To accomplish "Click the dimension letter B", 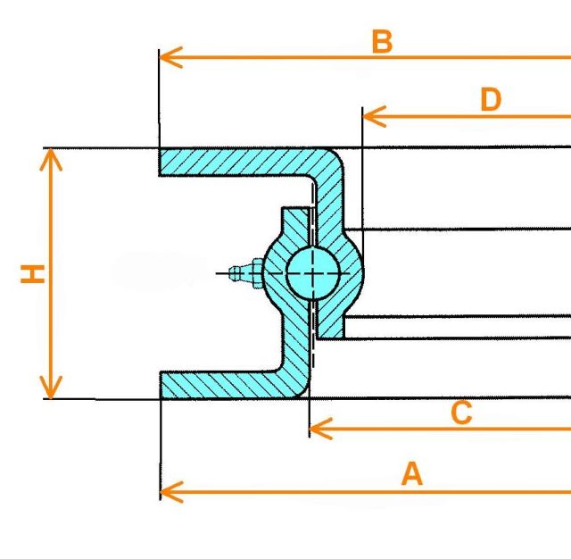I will [382, 41].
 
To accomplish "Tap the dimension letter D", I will [491, 100].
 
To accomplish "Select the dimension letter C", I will [460, 413].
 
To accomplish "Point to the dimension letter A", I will [411, 474].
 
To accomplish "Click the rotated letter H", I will [33, 273].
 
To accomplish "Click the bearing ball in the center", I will [312, 271].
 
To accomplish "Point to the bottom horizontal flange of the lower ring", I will [223, 385].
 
